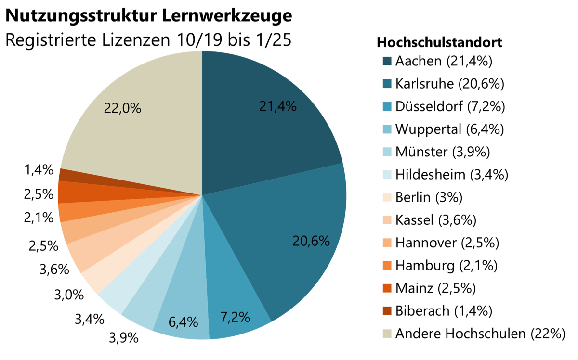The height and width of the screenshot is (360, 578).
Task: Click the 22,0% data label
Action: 123,108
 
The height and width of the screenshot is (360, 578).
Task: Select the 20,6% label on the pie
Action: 311,241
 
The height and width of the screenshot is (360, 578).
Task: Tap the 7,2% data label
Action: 235,317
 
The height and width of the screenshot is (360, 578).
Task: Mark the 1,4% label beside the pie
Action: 38,170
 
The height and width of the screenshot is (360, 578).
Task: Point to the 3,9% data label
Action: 124,337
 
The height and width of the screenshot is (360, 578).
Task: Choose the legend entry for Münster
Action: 443,152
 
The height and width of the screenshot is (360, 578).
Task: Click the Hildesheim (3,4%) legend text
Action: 451,175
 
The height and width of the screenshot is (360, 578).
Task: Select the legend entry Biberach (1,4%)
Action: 444,310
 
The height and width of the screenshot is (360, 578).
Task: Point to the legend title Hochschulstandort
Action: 439,42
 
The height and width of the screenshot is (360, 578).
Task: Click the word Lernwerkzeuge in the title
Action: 226,15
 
